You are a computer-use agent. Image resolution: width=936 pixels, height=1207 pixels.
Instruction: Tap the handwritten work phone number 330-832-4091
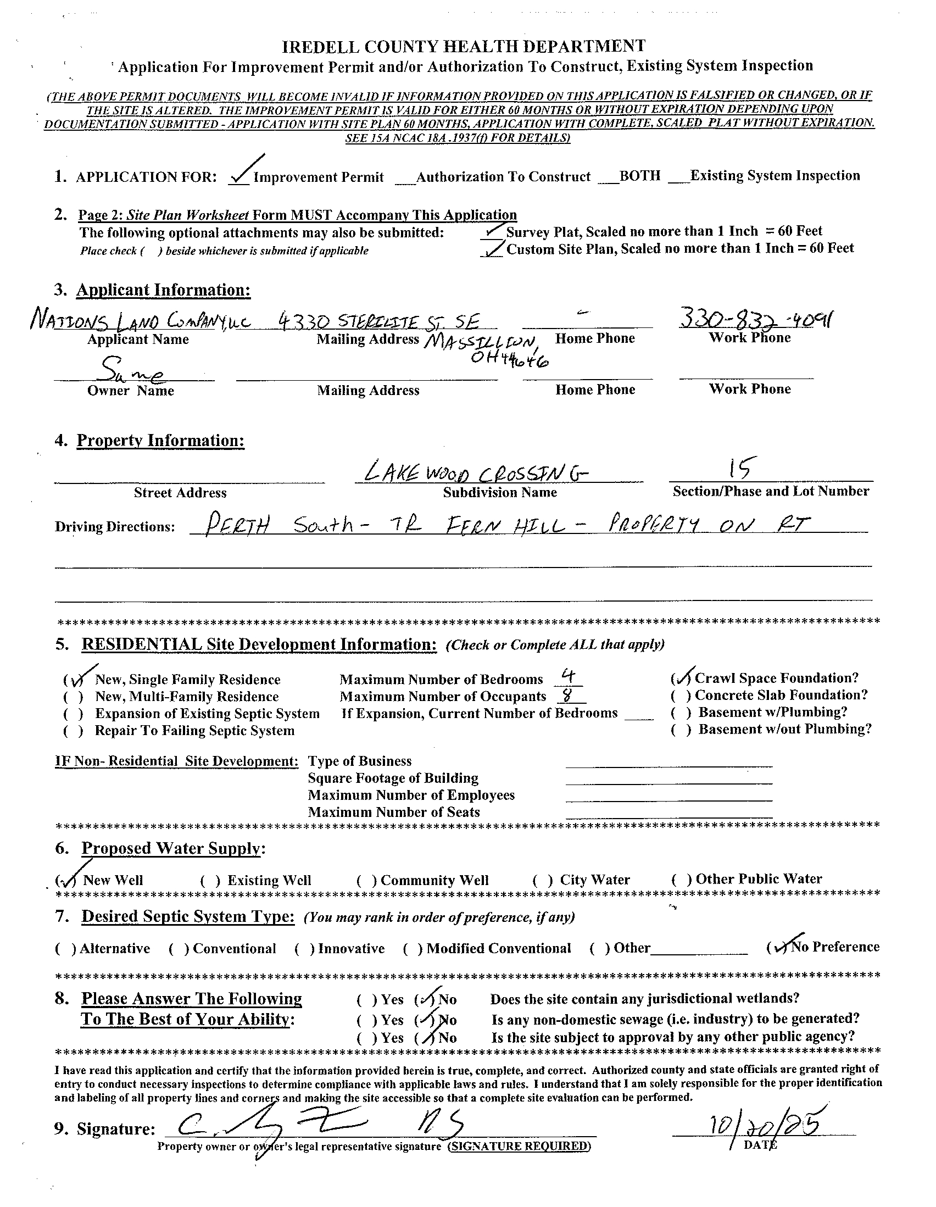pyautogui.click(x=755, y=319)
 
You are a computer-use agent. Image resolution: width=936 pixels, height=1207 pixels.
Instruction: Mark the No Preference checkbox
pyautogui.click(x=778, y=947)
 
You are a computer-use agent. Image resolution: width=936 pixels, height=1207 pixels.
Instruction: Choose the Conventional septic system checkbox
pyautogui.click(x=179, y=949)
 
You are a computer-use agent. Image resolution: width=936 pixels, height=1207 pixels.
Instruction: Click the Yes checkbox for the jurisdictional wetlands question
pyautogui.click(x=367, y=999)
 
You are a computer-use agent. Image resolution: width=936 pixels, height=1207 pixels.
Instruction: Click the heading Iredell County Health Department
pyautogui.click(x=463, y=46)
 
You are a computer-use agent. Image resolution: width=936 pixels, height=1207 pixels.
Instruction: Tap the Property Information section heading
pyautogui.click(x=160, y=441)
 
